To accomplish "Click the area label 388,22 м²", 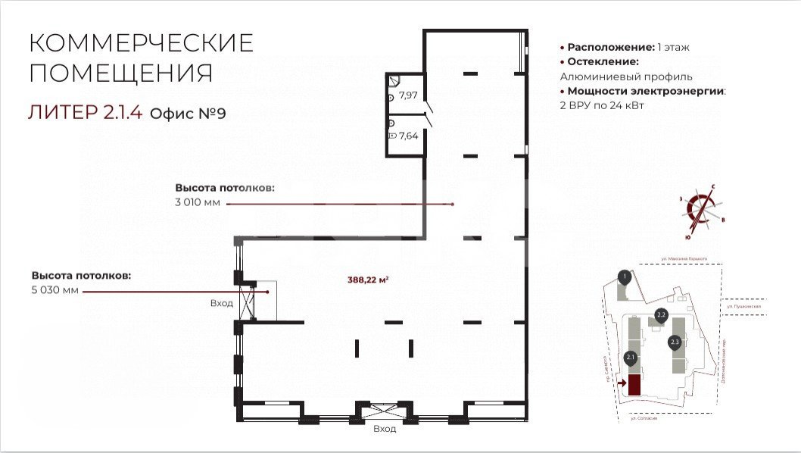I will coord(368,280).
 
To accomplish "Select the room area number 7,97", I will coord(408,95).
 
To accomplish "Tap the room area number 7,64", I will coord(408,136).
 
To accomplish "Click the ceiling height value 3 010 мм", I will coord(198,202).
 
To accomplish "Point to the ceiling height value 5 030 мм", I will coord(55,290).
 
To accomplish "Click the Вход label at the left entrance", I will coord(222,304).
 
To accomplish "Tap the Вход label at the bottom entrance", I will coord(385,429).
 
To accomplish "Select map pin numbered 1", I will coord(623,276).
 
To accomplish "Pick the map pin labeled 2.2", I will coord(660,315).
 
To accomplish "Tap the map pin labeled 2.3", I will coord(675,342).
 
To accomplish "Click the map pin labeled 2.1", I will coord(630,358).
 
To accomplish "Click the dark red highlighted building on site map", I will coord(634,385).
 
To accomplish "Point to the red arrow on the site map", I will coord(622,383).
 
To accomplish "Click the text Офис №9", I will coord(188,114).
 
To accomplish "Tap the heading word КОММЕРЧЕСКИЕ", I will coord(141,43).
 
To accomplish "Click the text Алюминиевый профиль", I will coord(626,77).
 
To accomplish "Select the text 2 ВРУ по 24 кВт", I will coord(602,106).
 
